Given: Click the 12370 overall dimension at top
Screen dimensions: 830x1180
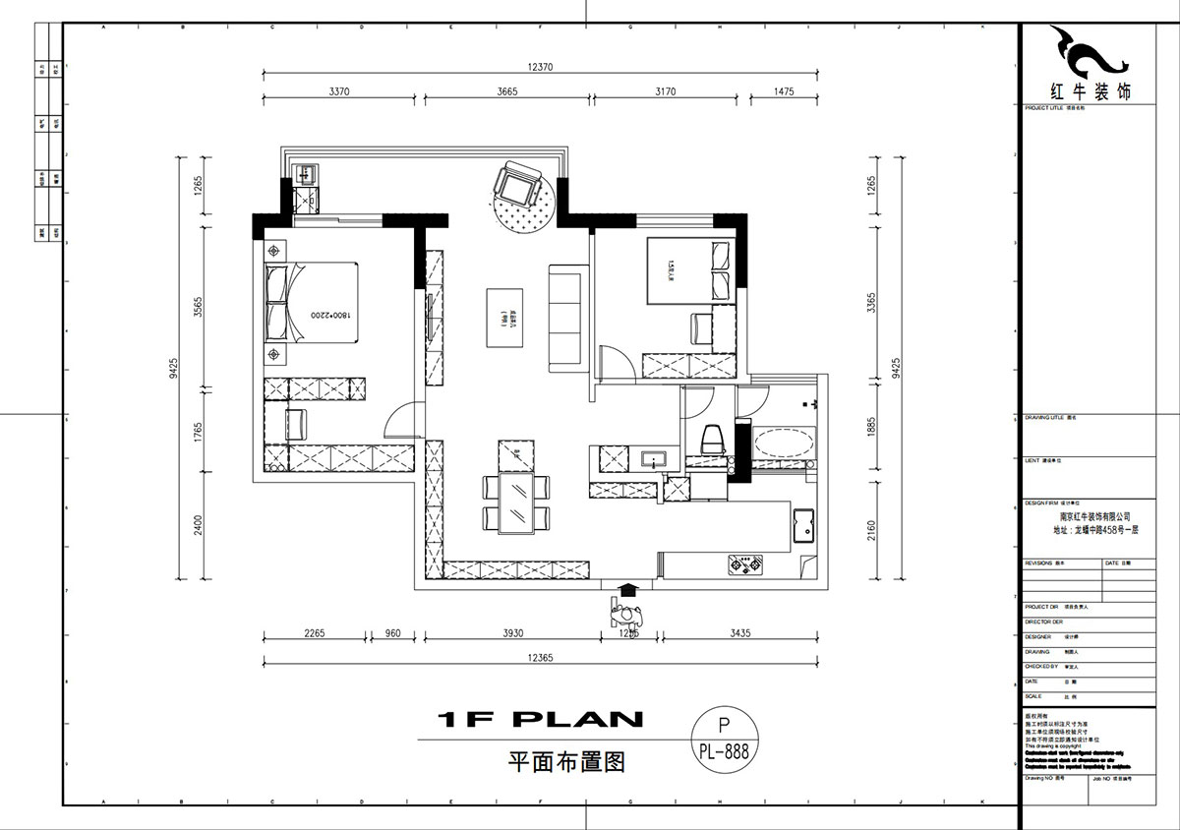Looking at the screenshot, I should coord(541,67).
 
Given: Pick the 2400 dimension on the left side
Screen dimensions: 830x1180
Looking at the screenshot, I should coord(198,525).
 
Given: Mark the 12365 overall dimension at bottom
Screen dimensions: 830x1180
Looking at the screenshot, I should coord(541,656).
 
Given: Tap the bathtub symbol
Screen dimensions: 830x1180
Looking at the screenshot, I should coord(784,442).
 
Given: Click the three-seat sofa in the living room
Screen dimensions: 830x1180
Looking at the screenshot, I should coord(565,318).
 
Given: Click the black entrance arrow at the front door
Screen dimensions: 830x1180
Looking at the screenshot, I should coord(625,590).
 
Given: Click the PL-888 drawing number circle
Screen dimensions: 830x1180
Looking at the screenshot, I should coord(725,740).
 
